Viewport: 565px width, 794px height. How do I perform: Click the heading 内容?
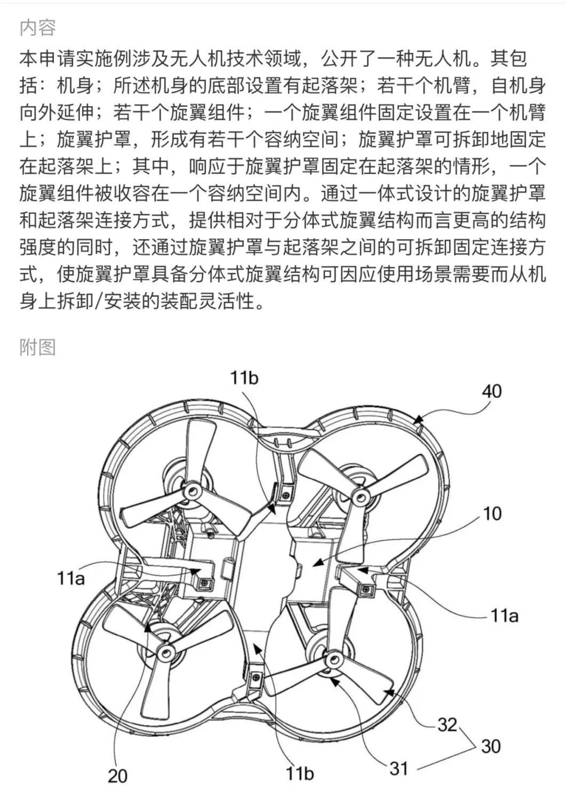coord(38,28)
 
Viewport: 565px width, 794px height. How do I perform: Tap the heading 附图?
coord(38,347)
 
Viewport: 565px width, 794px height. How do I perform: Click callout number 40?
coord(491,391)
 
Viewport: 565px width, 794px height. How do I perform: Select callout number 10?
coord(492,514)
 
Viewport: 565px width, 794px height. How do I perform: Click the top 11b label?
coord(244,378)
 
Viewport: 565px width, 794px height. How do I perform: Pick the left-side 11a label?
coord(71,578)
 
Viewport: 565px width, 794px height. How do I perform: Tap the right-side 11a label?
coord(504,616)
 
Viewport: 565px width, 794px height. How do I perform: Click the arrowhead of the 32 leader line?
coord(386,693)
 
